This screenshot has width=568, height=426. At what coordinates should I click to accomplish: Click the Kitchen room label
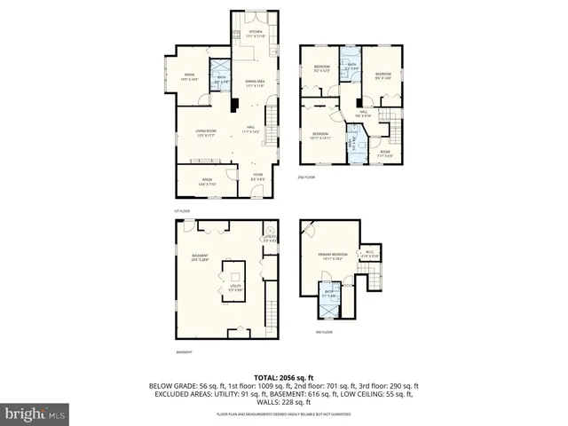pos(256,33)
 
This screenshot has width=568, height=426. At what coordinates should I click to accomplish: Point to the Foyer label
pos(257,177)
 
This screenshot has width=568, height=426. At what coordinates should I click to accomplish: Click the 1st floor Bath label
pos(220,79)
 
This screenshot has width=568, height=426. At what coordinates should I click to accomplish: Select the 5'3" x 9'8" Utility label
pos(235,288)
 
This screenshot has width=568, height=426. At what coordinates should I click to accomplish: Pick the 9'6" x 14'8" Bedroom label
pos(383,75)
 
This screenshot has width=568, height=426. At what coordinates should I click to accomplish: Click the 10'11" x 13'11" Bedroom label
pos(320,135)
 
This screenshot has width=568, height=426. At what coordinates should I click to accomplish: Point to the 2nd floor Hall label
pos(361,113)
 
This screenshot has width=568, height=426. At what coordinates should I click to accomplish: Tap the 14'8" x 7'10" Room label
pos(207,183)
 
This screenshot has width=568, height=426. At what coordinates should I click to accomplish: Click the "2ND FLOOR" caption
pos(309,177)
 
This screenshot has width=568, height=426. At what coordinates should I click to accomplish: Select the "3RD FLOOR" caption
pos(324,332)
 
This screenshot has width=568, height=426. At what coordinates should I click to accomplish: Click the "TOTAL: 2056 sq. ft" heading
pos(284,377)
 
